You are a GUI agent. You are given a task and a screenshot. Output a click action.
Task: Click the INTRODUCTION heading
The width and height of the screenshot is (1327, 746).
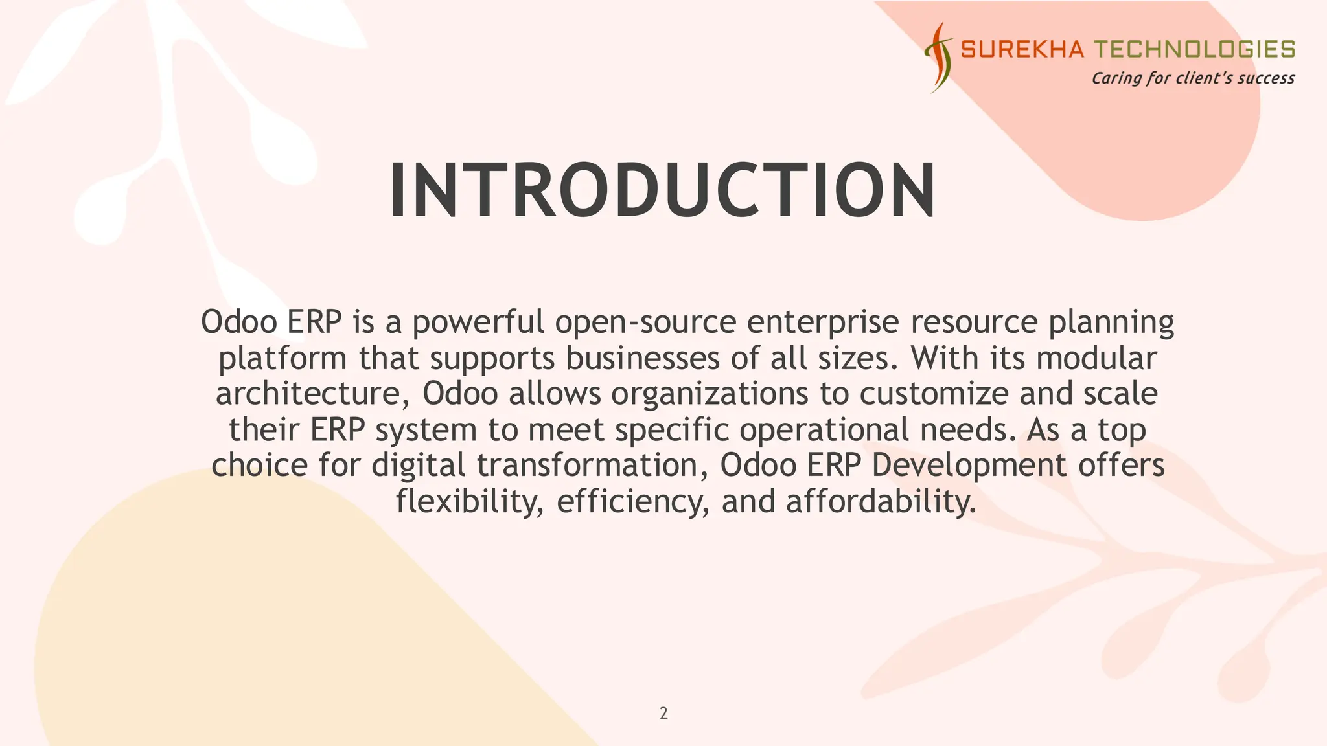coord(662,190)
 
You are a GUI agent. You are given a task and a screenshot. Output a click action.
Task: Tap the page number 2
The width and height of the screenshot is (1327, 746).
coord(663,714)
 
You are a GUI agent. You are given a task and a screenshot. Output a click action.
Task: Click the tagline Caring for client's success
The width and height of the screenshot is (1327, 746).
coord(1193,78)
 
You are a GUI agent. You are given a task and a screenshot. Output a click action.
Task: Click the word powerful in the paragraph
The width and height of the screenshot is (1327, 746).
coord(478,322)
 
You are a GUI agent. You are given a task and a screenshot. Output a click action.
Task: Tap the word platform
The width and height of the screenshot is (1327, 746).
coord(283,358)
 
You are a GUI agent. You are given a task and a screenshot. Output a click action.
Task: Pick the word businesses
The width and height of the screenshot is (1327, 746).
coord(642,358)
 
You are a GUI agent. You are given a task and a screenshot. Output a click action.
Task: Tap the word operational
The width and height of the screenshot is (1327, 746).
coord(824,430)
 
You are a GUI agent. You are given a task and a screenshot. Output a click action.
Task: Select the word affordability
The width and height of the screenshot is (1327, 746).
coord(881,501)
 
